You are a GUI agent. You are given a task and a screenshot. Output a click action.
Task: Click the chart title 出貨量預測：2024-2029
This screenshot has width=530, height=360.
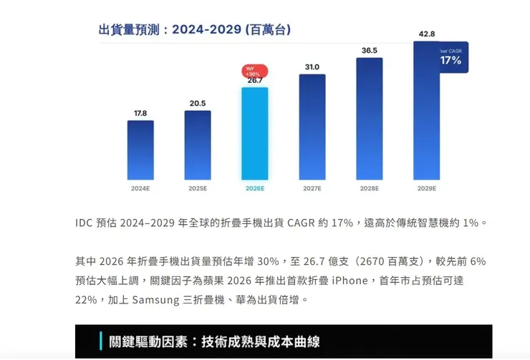(x=194, y=30)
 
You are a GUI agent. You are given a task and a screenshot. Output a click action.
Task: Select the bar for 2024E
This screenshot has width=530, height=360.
(x=140, y=150)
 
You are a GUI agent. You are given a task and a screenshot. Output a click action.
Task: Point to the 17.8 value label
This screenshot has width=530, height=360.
(x=140, y=113)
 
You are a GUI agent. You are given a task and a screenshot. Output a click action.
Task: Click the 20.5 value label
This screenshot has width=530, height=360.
(x=198, y=103)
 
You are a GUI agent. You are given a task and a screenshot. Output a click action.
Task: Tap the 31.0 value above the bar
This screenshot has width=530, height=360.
(x=312, y=67)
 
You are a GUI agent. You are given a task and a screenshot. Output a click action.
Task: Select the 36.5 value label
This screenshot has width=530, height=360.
(x=369, y=50)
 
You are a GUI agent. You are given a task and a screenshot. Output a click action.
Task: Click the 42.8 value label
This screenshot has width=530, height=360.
(x=427, y=34)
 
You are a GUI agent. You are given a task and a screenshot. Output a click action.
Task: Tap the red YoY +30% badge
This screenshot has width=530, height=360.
(x=254, y=71)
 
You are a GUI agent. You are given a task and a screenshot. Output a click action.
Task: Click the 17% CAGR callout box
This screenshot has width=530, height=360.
(x=451, y=58)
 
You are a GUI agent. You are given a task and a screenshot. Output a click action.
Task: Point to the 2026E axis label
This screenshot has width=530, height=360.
(x=254, y=188)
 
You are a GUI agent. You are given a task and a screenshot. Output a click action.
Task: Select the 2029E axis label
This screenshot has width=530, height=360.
(x=426, y=188)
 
